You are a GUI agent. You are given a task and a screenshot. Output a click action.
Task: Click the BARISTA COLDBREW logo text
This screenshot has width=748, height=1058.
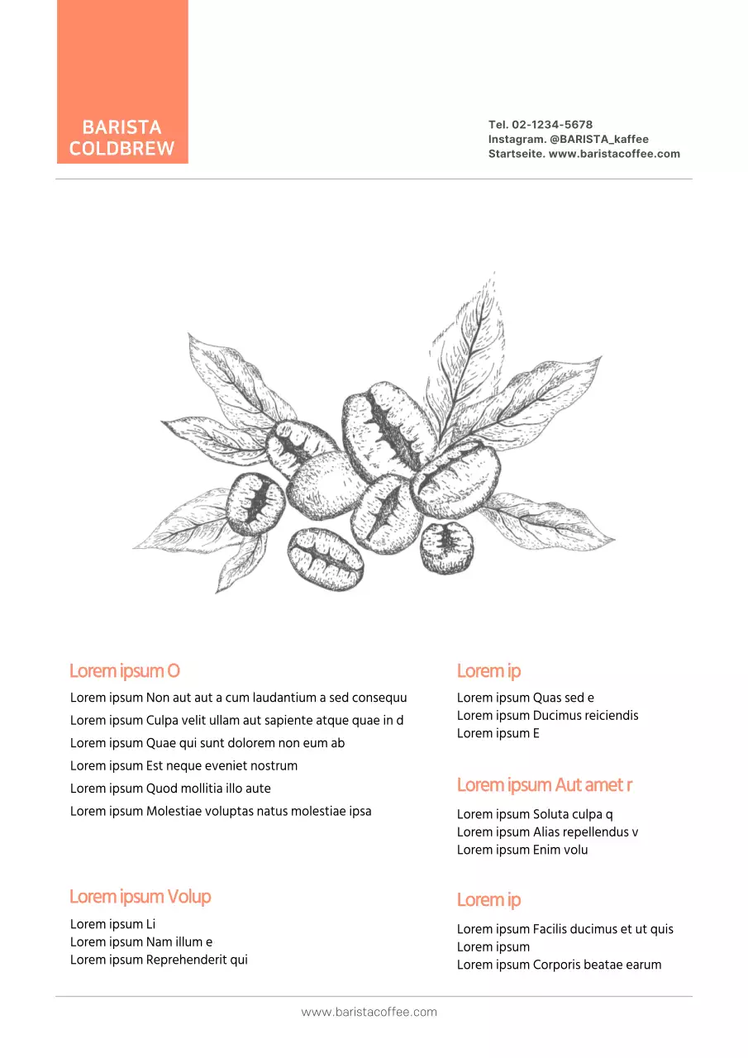coord(121,138)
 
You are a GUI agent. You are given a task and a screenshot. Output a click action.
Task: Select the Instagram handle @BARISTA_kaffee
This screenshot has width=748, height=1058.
coord(599,139)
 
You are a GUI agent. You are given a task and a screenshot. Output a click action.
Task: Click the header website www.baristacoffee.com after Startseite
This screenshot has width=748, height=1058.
coord(614,154)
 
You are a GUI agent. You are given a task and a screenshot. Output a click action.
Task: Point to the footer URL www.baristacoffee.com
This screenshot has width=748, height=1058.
coord(369,1012)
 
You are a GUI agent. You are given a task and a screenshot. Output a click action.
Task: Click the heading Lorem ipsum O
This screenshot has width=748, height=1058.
coord(124,670)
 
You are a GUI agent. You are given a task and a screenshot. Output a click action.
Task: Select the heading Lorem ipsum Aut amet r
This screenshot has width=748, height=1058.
coord(544,784)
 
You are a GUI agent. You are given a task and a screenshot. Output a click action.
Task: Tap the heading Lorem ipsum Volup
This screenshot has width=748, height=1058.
coord(140,897)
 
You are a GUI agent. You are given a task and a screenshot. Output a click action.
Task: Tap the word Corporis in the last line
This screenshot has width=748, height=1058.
coord(558,965)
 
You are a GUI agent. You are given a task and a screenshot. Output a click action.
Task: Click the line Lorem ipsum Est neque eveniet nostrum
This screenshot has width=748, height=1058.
coord(183,765)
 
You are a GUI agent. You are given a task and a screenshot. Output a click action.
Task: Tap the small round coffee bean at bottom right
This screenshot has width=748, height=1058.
coord(446,546)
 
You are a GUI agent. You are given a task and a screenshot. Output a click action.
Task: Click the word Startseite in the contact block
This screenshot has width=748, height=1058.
coord(516,154)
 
